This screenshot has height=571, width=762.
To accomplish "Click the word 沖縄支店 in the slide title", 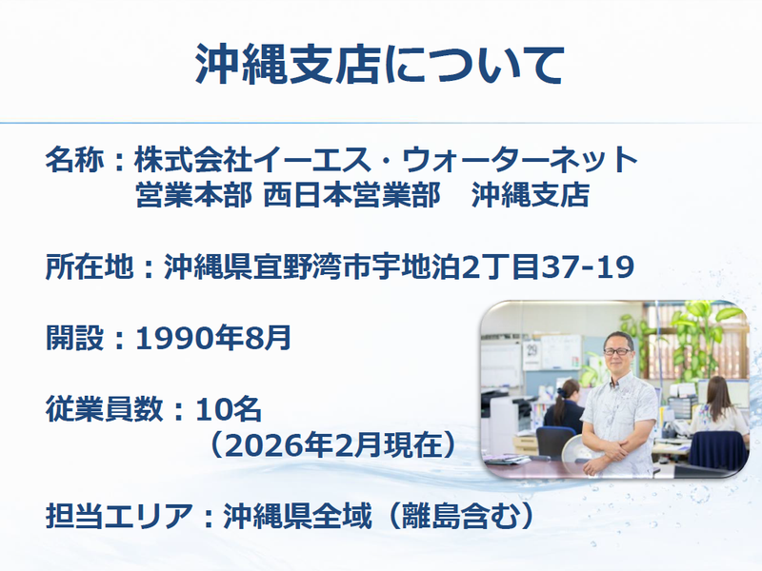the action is tap(289, 65).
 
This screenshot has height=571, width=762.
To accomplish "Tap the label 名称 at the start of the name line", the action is tap(75, 160).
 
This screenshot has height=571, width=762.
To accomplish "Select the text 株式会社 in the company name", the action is tap(193, 160).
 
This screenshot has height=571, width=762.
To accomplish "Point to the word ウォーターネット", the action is tap(519, 160).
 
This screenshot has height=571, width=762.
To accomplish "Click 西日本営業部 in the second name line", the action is tap(351, 195).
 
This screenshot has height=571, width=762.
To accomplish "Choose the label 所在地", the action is tap(90, 266).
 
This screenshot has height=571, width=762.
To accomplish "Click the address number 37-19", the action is tap(588, 266).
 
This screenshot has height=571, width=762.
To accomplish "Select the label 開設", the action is tap(75, 338).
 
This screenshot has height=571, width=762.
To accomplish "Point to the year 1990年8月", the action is tap(213, 338).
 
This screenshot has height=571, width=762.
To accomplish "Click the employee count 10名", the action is tap(229, 409).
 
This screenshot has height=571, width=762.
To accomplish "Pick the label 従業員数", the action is tap(104, 409).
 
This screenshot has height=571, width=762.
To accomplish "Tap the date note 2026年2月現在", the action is tap(332, 444).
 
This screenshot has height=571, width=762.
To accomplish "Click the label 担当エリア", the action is tap(119, 516).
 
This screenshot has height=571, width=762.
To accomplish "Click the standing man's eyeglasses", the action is tap(618, 351).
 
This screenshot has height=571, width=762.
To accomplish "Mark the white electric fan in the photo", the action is tap(579, 454).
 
